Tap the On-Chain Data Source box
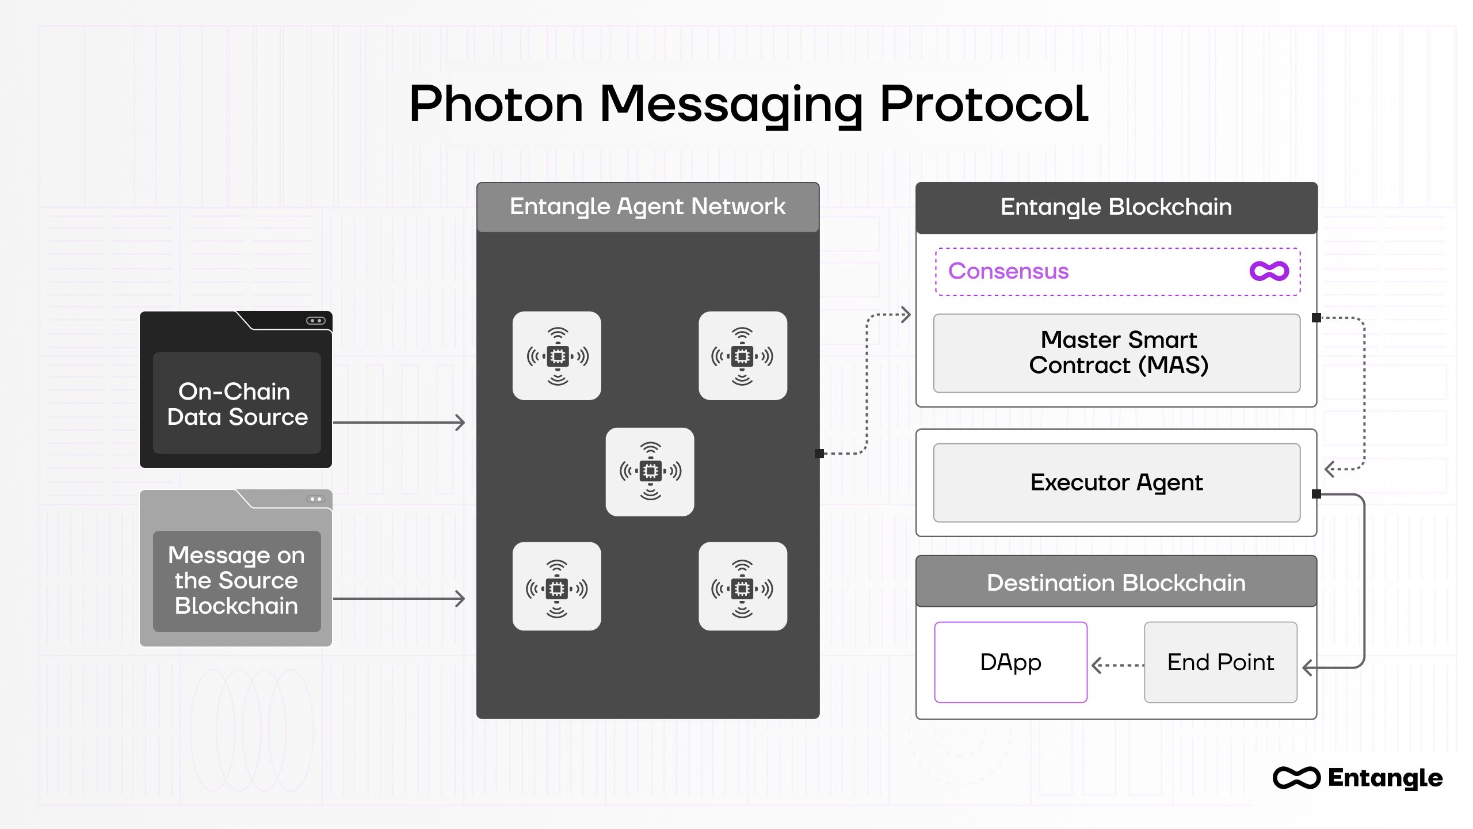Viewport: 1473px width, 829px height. pyautogui.click(x=236, y=403)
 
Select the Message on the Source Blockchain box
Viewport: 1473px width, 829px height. pyautogui.click(x=236, y=580)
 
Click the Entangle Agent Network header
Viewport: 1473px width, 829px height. pyautogui.click(x=647, y=207)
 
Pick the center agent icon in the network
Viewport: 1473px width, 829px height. pyautogui.click(x=650, y=471)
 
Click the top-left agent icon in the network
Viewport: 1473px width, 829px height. pyautogui.click(x=556, y=356)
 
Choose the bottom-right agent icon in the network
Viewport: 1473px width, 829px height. pyautogui.click(x=742, y=587)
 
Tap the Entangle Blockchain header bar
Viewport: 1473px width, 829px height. pyautogui.click(x=1116, y=207)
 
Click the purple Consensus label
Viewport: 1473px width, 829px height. pyautogui.click(x=1008, y=271)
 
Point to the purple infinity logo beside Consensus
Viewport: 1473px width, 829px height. pyautogui.click(x=1269, y=271)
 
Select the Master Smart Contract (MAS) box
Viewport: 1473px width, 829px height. pyautogui.click(x=1116, y=353)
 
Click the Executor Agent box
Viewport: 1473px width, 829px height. pyautogui.click(x=1116, y=482)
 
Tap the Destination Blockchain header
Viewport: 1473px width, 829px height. pyautogui.click(x=1116, y=583)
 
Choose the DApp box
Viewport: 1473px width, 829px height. pyautogui.click(x=1010, y=662)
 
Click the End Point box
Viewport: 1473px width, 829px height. pyautogui.click(x=1220, y=662)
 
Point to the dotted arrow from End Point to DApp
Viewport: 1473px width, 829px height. pyautogui.click(x=1116, y=666)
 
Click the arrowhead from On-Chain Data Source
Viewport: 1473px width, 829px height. pyautogui.click(x=460, y=423)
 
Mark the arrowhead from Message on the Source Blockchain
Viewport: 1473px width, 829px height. pyautogui.click(x=460, y=599)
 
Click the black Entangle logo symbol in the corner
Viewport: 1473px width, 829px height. pyautogui.click(x=1296, y=778)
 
